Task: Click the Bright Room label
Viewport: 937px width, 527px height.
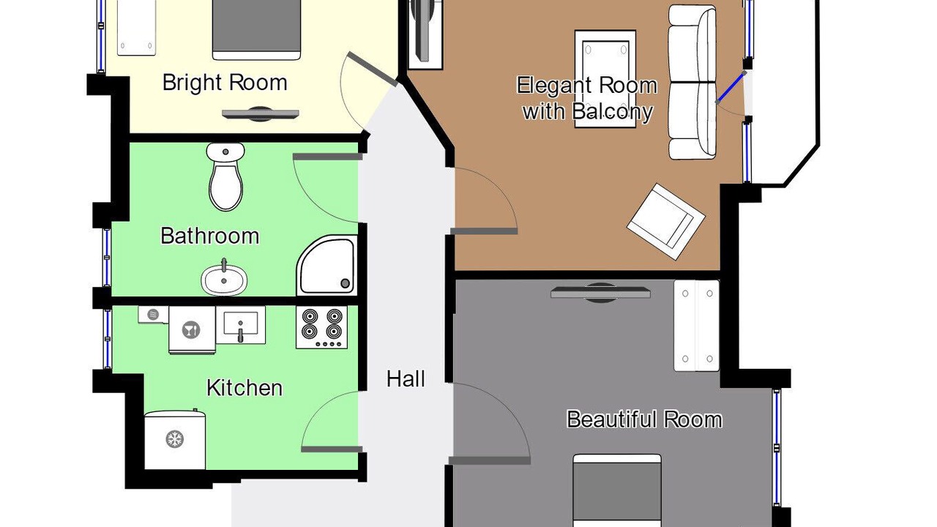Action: tap(225, 83)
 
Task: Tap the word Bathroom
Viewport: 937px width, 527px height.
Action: tap(209, 236)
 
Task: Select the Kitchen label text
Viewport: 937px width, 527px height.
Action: tap(244, 388)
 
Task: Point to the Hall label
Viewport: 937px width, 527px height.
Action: tap(406, 379)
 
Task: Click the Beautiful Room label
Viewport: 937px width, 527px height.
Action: tap(644, 419)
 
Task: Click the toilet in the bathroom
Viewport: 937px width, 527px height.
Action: tap(226, 176)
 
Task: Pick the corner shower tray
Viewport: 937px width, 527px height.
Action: tap(327, 265)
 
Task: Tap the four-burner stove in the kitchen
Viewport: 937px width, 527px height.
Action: tap(321, 327)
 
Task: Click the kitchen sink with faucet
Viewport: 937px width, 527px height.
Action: tap(241, 325)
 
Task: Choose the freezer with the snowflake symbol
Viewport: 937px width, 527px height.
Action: tap(175, 439)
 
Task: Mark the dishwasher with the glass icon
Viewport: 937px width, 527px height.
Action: tap(192, 330)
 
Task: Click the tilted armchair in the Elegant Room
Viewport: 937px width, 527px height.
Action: tap(666, 221)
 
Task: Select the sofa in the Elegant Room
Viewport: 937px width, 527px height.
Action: tap(693, 83)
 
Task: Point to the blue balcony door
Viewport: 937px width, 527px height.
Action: tap(731, 87)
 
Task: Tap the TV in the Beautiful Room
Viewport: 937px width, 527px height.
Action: tap(600, 292)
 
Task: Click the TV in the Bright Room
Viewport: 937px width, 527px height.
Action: tap(260, 113)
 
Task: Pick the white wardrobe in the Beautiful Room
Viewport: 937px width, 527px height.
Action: tap(696, 326)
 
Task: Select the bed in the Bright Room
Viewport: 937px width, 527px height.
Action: tap(256, 30)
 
